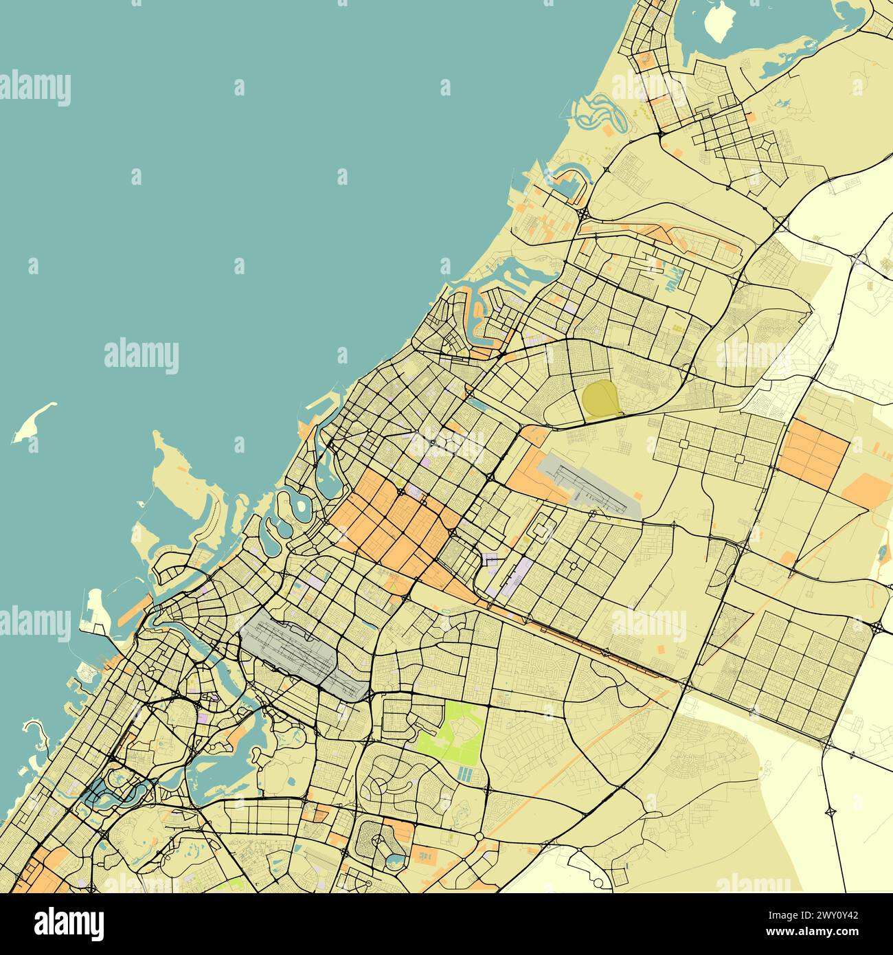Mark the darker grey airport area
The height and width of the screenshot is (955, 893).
[x=302, y=649]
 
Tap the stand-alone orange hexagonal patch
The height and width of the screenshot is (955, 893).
[x=866, y=491]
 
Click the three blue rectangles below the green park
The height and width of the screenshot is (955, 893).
[x=466, y=776]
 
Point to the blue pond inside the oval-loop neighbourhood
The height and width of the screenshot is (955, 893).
[x=393, y=857]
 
